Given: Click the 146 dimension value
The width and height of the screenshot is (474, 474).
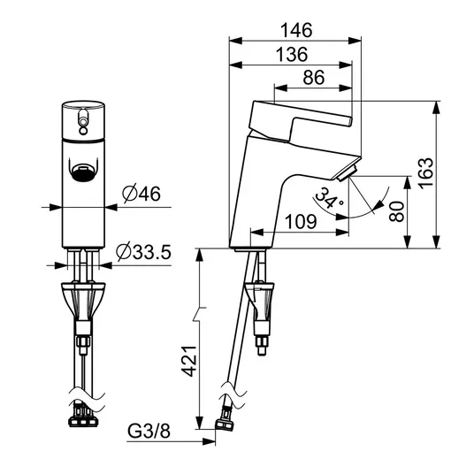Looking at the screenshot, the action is [x=296, y=30].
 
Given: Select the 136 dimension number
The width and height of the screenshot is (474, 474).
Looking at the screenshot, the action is [x=292, y=55].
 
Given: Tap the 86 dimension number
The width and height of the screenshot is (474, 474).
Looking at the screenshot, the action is [x=314, y=78].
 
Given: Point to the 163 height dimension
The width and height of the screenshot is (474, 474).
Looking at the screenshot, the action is [x=426, y=173].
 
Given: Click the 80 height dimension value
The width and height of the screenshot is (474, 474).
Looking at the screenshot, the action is [x=396, y=211].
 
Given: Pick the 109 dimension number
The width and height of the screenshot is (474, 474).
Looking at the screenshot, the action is [x=301, y=222].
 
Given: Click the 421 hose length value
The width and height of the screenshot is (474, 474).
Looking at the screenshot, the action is [x=189, y=361].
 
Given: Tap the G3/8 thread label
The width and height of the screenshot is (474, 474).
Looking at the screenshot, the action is [x=149, y=431].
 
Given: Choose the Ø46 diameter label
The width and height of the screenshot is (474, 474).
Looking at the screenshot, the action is [x=141, y=194].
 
